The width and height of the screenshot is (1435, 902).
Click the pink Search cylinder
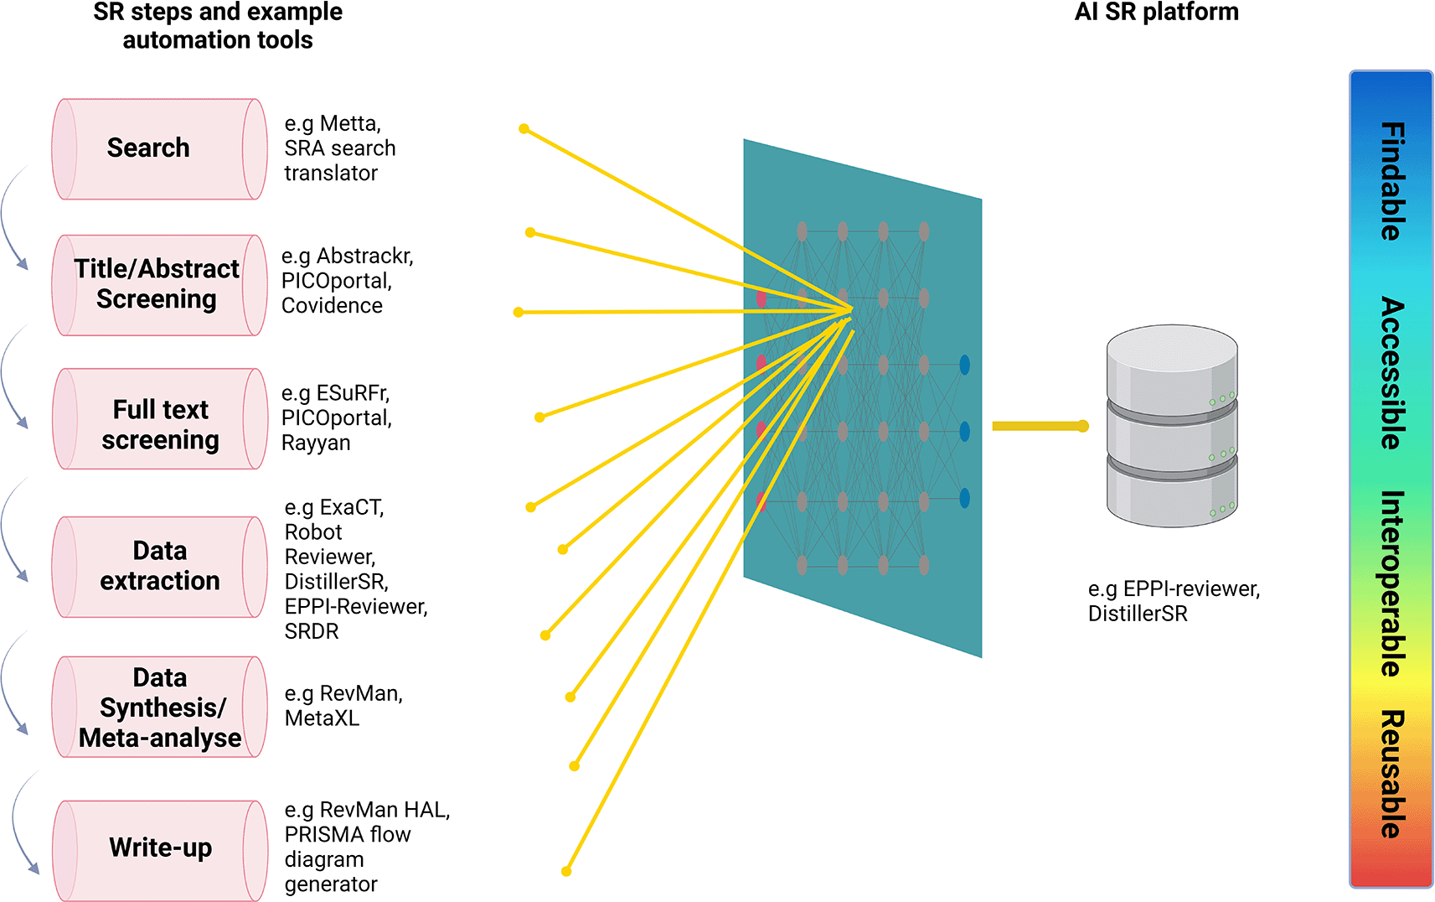pos(159,149)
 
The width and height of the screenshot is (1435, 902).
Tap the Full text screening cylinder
pos(159,419)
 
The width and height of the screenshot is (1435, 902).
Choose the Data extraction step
pos(159,567)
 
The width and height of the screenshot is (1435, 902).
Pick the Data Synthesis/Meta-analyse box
pos(159,708)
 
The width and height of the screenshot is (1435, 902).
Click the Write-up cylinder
pos(159,848)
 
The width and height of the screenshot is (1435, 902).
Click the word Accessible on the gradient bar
pos(1391,373)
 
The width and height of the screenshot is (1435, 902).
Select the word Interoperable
pos(1391,583)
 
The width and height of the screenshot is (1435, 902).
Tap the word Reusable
pos(1391,774)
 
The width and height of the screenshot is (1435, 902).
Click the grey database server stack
pos(1171,426)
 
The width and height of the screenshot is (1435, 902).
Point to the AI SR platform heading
pos(1156,12)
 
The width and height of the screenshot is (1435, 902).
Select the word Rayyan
pos(316,443)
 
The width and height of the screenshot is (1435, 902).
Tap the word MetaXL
pos(322,718)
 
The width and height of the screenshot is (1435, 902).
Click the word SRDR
pos(312,631)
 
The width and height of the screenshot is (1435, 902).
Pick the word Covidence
pos(332,306)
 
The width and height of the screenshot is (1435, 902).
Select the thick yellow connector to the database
pos(1039,427)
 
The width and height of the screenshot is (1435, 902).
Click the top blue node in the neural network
pos(964,365)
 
